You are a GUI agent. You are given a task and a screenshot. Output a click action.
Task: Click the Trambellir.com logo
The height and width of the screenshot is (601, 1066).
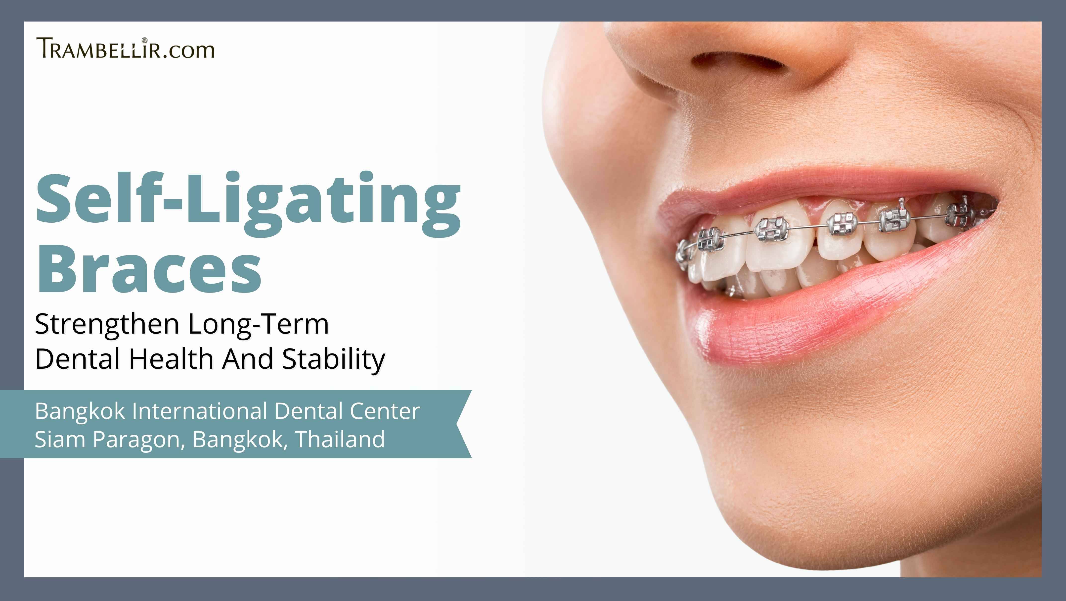point(125,48)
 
